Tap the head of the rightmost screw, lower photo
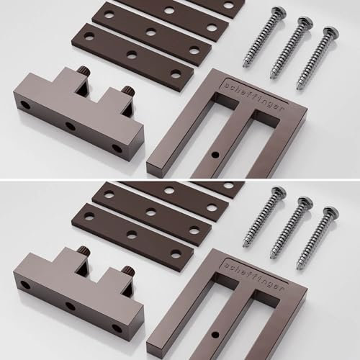(x=332, y=211)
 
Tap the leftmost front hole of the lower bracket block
(x=27, y=284)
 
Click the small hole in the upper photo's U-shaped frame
(x=215, y=156)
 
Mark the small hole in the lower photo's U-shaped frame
(x=215, y=334)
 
